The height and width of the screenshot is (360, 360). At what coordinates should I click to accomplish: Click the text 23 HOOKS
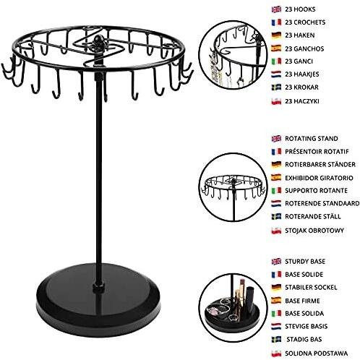(300, 9)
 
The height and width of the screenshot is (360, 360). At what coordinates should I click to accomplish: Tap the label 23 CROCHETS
(305, 22)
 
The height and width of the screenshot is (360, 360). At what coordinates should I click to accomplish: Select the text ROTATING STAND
(312, 139)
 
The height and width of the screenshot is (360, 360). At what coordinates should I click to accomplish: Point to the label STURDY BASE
(305, 262)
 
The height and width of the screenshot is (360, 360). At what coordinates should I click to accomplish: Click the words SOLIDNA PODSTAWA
(317, 353)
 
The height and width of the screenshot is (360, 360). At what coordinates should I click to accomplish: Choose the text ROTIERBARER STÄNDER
(320, 164)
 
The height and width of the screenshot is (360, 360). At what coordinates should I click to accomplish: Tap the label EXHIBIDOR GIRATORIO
(319, 178)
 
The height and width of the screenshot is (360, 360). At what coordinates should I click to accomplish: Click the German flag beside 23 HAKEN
(276, 35)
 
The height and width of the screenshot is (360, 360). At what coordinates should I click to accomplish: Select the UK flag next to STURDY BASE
(276, 262)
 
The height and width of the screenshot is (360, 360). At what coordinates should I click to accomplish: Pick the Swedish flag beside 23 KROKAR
(276, 87)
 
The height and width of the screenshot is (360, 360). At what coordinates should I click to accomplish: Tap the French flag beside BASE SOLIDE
(276, 275)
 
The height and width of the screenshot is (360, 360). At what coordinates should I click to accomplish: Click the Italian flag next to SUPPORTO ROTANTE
(276, 191)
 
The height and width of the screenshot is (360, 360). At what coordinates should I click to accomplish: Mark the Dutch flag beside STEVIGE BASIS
(276, 327)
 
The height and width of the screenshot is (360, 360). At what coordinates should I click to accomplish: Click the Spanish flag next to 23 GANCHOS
(276, 48)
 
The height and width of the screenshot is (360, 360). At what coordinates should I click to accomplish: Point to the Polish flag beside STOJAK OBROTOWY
(276, 231)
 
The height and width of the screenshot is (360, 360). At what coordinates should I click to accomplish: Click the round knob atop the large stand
(98, 39)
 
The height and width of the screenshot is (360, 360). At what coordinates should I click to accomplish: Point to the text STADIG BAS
(304, 340)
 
